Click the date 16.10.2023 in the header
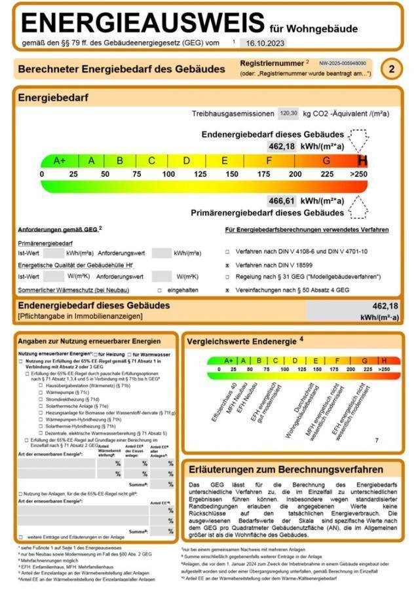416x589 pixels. [x=262, y=43]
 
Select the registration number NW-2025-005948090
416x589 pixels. [x=343, y=63]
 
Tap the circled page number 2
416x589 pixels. [x=392, y=69]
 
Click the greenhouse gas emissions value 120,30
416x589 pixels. [x=288, y=113]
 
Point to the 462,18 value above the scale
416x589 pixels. [x=282, y=146]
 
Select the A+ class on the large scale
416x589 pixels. [x=60, y=160]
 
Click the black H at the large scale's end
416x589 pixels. [x=362, y=160]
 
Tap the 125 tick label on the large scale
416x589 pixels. [x=200, y=174]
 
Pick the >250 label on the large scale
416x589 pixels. [x=358, y=174]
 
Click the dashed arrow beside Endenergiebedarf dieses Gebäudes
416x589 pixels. [x=359, y=139]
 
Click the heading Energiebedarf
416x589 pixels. [x=53, y=98]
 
